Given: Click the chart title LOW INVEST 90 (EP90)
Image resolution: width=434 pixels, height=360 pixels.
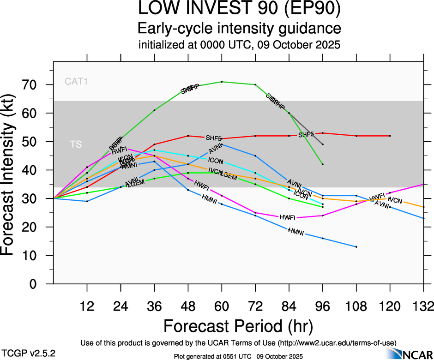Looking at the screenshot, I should (x=240, y=9).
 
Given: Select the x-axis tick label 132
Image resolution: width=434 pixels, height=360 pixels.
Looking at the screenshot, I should (x=423, y=306).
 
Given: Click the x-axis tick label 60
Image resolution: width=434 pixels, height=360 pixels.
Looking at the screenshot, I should (x=222, y=306).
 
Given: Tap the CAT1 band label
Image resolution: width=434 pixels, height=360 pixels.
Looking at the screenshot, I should (x=76, y=82).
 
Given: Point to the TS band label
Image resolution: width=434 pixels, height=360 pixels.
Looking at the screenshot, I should (x=76, y=144).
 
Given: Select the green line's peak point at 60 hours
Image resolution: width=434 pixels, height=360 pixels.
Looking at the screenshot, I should (x=222, y=82).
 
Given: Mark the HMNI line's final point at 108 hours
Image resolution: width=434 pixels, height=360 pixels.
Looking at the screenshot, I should (x=356, y=247).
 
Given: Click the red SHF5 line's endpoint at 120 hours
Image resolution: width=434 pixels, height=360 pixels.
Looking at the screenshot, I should (x=390, y=136).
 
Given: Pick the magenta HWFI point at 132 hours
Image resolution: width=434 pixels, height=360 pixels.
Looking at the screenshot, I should (x=423, y=184).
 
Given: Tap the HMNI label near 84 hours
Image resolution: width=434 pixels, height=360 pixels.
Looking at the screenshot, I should (x=295, y=231).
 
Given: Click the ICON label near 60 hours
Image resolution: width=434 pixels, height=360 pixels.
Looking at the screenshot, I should (x=216, y=161).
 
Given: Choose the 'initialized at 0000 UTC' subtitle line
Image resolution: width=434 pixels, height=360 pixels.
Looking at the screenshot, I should (x=240, y=46).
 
